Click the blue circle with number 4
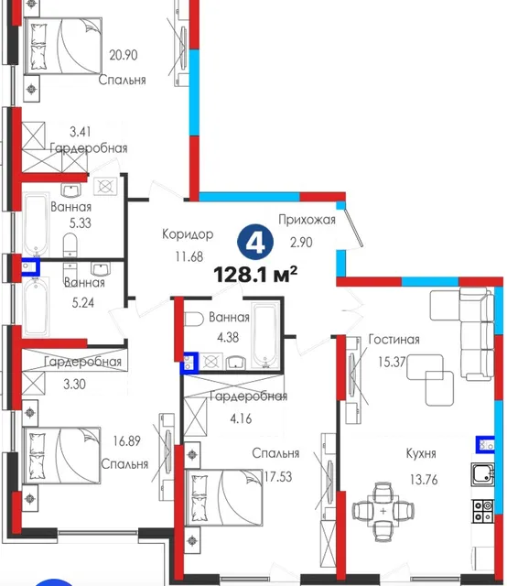(255, 242)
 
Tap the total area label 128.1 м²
(255, 275)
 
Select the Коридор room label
(188, 234)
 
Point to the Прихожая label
(307, 220)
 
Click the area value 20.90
(124, 55)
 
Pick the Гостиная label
(394, 340)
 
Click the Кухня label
(421, 453)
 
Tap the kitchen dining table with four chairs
(383, 511)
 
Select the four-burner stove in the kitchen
(484, 511)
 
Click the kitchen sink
(483, 474)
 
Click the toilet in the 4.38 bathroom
(193, 320)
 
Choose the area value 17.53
(278, 477)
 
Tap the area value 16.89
(126, 441)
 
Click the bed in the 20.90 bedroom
(63, 46)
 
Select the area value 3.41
(81, 132)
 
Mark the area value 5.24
(83, 302)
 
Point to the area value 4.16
(241, 418)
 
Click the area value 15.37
(392, 362)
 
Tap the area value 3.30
(74, 384)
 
